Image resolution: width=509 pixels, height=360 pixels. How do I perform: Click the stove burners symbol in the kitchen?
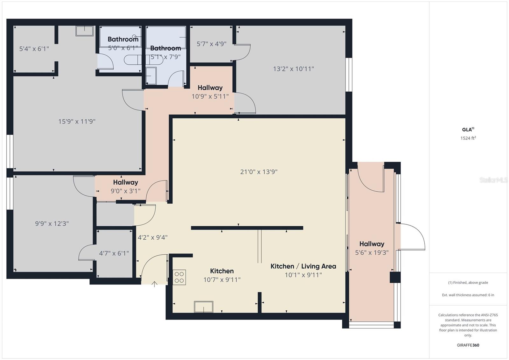click(179, 277)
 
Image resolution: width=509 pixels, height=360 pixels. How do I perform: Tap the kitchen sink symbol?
click(204, 307)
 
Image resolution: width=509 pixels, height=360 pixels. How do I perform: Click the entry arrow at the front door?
click(155, 284)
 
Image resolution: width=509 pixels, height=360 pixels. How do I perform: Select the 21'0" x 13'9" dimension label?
click(259, 172)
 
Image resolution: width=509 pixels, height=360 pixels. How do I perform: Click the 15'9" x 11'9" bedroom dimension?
click(77, 121)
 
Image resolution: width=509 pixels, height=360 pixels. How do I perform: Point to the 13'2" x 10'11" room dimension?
click(293, 69)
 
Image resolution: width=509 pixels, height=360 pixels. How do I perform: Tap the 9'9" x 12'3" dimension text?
click(52, 224)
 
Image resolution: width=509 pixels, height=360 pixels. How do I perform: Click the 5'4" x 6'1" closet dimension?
click(34, 49)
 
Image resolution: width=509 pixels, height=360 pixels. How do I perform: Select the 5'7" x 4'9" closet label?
click(211, 44)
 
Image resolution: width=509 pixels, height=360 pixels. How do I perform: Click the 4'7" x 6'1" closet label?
click(114, 253)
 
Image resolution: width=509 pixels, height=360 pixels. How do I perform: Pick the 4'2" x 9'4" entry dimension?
click(152, 237)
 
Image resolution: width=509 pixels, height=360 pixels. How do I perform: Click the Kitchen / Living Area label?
click(303, 266)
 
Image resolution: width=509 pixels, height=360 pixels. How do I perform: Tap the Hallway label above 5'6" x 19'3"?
click(372, 244)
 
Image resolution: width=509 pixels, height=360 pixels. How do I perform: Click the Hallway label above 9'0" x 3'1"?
click(125, 182)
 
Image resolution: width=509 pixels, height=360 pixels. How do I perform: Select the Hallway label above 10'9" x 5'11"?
click(210, 88)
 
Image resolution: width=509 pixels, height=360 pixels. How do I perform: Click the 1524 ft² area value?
click(468, 138)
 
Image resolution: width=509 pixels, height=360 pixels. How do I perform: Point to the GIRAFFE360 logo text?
click(468, 345)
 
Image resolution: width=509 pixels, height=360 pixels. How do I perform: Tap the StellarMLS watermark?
click(493, 180)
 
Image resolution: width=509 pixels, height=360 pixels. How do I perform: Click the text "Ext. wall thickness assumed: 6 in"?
click(468, 295)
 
